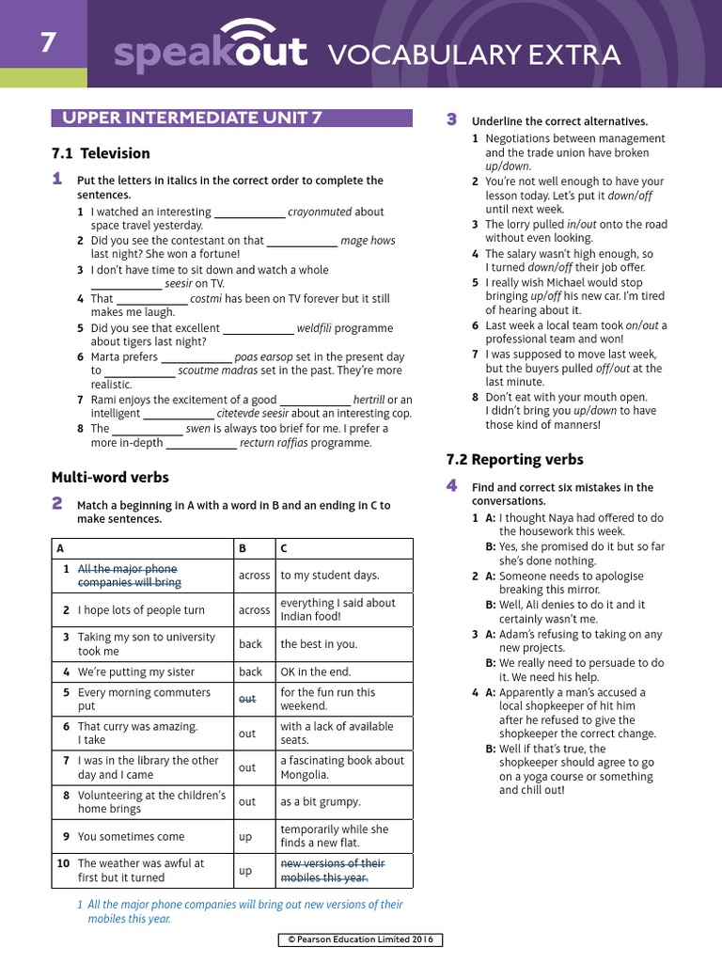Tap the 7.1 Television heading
101,153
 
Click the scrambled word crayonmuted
320,212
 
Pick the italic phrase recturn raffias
274,443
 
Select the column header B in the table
243,547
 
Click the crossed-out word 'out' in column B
246,699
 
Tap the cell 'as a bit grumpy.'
320,801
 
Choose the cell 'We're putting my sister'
136,671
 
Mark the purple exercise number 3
451,119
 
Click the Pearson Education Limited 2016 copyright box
360,939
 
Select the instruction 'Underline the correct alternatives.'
559,121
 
